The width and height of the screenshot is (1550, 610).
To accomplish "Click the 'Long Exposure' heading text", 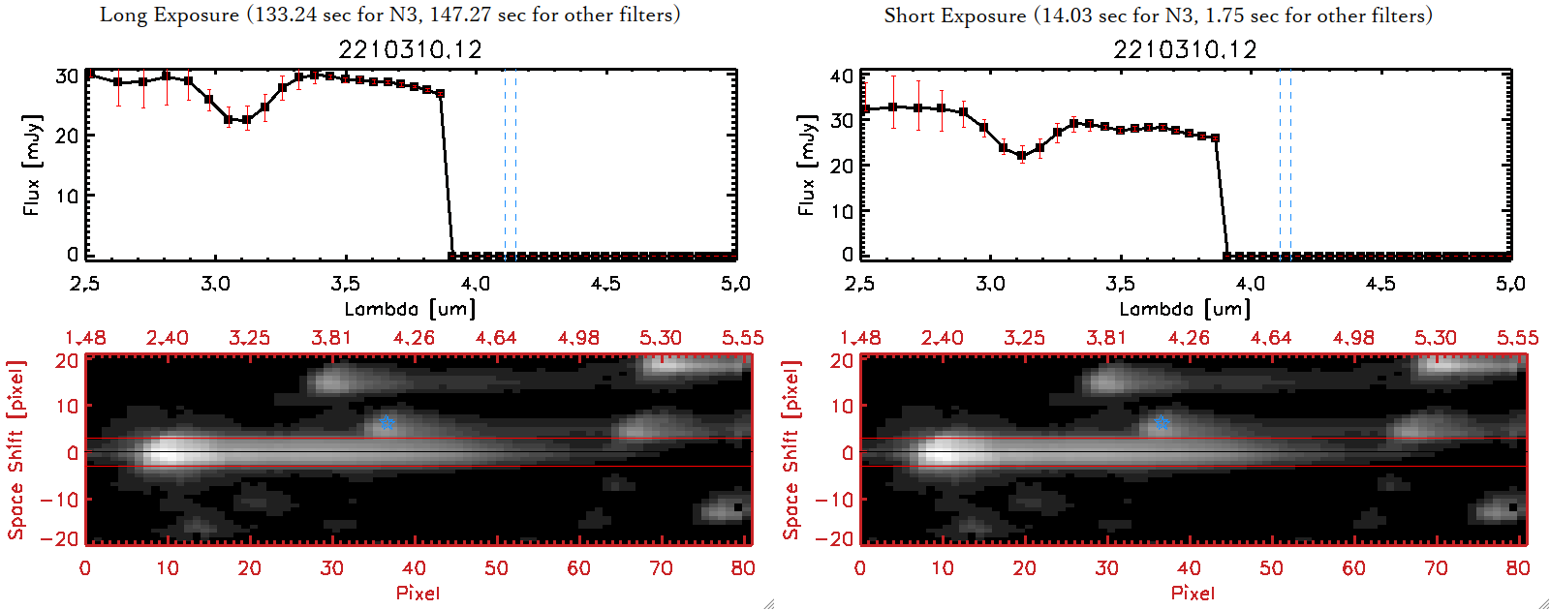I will [170, 15].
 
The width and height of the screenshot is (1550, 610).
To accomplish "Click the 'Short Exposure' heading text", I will [954, 15].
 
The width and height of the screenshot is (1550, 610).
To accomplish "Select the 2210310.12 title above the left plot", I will [410, 49].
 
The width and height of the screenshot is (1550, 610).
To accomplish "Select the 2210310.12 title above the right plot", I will [1185, 49].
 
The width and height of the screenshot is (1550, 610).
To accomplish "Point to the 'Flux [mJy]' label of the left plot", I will [32, 165].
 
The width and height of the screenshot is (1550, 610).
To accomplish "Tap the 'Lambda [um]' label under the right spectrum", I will [1185, 309].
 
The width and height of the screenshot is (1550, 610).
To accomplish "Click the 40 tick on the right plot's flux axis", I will [842, 76].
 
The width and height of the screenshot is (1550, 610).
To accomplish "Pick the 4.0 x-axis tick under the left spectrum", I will [475, 284].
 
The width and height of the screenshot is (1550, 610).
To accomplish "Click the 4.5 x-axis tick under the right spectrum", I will [1380, 284].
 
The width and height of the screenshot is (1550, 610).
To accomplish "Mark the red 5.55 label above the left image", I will [742, 338].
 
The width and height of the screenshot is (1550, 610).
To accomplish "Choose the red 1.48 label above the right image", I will [860, 338].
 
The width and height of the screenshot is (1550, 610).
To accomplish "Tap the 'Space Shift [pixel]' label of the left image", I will [15, 450].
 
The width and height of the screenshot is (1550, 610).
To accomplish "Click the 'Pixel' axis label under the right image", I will [1193, 593].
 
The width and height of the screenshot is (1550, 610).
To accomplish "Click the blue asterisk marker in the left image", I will [387, 423].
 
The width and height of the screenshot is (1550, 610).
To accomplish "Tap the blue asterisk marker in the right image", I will [1162, 423].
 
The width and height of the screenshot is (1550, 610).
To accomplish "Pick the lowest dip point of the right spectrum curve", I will [1021, 155].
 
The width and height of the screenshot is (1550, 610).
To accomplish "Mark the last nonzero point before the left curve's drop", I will [440, 93].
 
